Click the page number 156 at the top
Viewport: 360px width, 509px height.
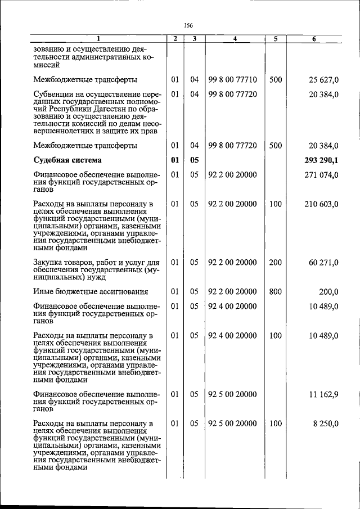tap(188, 25)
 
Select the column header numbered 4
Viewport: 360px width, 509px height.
tap(235, 39)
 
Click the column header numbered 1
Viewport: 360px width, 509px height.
tap(98, 39)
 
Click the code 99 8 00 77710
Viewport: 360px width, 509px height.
tap(232, 80)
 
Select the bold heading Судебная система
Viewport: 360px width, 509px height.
tap(66, 160)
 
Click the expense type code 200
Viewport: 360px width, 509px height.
tap(275, 263)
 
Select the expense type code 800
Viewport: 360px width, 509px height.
tap(275, 291)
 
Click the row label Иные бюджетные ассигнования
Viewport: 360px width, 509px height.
tap(91, 291)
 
